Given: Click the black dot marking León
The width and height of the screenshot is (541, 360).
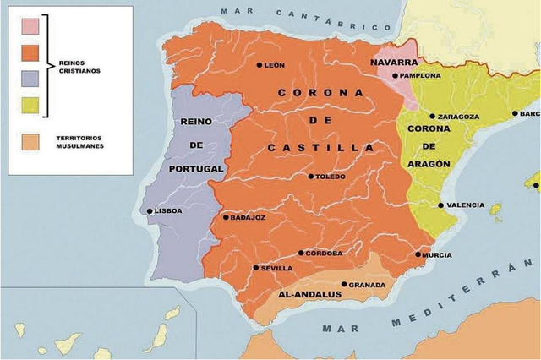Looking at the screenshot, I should coord(260,65).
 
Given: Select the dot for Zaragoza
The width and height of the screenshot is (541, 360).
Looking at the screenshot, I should coord(432,117).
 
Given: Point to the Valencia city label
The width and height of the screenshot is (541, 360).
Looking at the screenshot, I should coord(466,205).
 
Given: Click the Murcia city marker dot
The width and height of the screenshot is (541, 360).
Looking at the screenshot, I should coord(419,254).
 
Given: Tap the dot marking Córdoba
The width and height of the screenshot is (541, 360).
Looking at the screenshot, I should coord(301,253).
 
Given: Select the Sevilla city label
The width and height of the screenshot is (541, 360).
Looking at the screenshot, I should coord(276,268).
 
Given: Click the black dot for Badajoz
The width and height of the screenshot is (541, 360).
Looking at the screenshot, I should coord(225,217).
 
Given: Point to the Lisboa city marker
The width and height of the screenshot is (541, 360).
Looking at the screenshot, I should coord(150,211).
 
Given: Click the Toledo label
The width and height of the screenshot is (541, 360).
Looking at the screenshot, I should coord(331,177).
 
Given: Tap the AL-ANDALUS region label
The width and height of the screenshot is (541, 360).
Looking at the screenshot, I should coord(309,295).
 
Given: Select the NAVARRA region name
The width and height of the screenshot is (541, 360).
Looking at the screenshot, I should coord(393,63).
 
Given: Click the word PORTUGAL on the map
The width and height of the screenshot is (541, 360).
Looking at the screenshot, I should coord(196,168).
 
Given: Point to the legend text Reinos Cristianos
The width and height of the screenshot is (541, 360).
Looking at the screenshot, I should coord(81,66).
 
